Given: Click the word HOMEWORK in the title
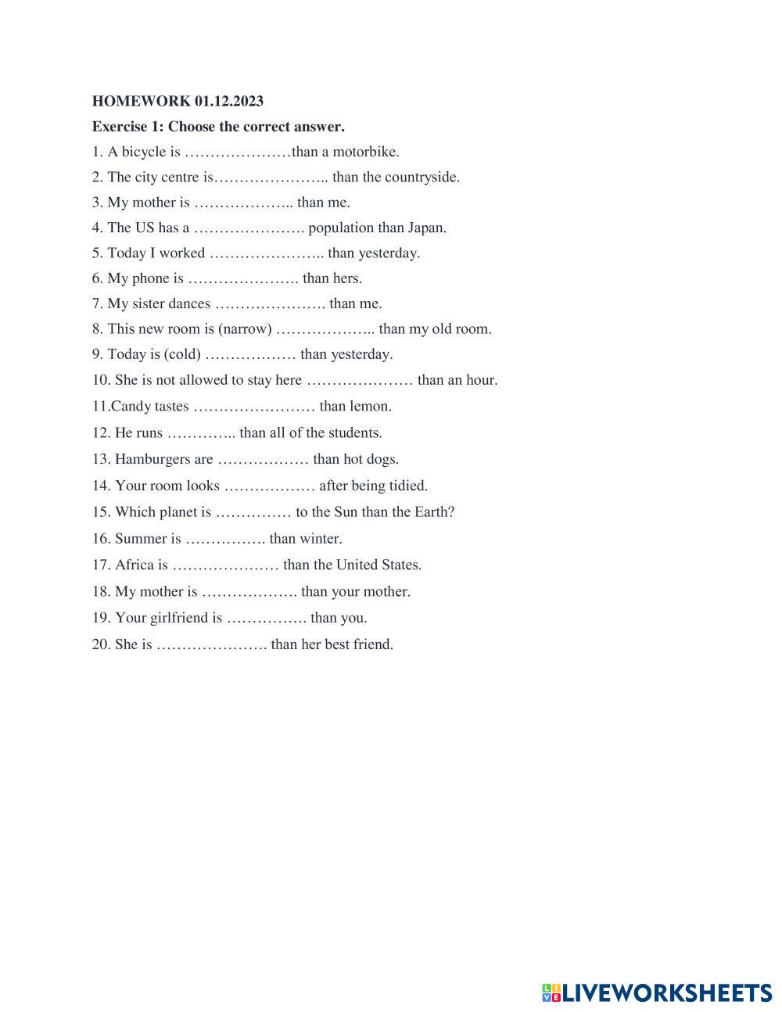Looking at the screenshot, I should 141,101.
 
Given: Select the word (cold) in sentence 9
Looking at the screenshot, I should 182,354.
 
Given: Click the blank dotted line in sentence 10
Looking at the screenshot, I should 359,381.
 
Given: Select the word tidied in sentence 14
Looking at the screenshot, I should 408,486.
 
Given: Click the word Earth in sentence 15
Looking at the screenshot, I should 433,512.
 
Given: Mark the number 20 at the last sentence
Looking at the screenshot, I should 100,644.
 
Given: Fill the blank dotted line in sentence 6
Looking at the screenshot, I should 243,279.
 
